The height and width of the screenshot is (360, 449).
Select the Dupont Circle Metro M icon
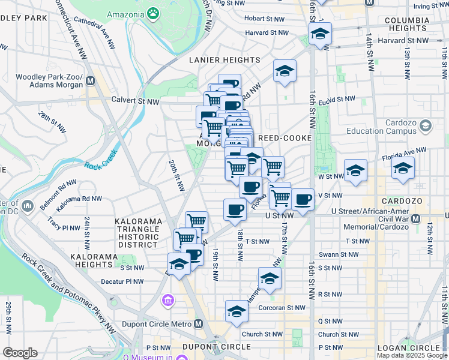coord(199,324)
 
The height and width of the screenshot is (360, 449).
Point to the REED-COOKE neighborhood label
coord(284,138)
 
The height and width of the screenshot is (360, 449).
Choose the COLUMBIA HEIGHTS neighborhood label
coord(407,24)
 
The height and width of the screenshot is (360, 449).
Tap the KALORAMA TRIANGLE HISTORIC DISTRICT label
coord(138,233)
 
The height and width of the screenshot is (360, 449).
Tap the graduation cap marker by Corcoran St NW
coord(237,311)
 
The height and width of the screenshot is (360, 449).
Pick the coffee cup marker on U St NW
coord(235,209)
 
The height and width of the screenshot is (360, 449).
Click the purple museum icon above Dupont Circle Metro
coord(167,299)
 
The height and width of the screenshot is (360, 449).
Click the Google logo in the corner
coord(20,353)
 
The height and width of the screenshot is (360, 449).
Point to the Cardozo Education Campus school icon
coord(426,125)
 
